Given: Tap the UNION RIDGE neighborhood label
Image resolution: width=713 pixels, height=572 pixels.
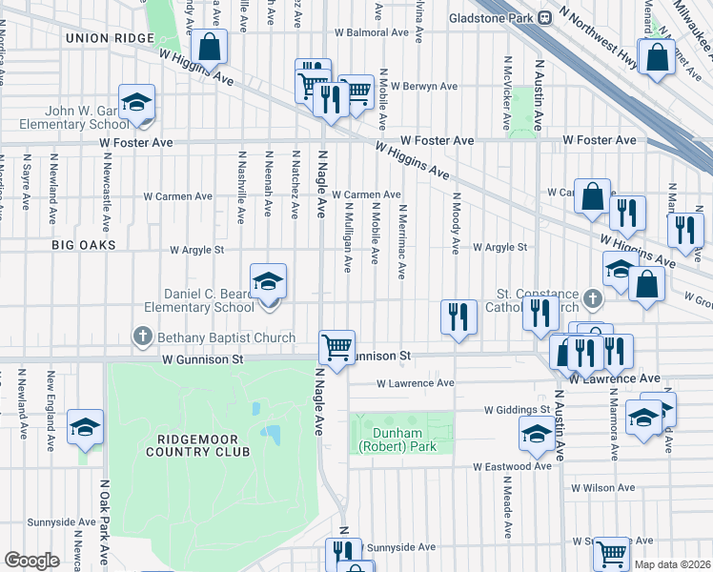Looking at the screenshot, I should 109,37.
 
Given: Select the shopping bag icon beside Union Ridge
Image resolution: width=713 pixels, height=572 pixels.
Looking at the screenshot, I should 209,47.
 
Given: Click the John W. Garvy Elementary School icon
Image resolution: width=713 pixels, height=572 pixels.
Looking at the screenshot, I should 136,103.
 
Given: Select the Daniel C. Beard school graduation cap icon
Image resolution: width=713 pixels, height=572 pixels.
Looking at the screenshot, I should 268,281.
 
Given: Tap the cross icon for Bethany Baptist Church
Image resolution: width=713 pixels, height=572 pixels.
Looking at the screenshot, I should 143,336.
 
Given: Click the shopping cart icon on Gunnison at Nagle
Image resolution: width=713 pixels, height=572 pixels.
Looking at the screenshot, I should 336,347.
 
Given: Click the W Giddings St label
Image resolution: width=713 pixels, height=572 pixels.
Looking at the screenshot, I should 517,410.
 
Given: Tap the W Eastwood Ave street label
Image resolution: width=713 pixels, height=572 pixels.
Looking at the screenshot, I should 513,467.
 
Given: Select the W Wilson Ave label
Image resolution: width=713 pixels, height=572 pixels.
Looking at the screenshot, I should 601,487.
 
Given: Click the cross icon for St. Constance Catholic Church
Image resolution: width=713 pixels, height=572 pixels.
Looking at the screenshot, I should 592,299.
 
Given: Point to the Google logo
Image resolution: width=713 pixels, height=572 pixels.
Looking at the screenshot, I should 31,560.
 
